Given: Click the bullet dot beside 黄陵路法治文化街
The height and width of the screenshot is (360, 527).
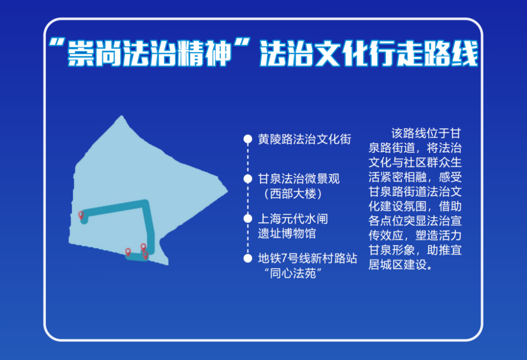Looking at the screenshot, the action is pyautogui.click(x=248, y=139).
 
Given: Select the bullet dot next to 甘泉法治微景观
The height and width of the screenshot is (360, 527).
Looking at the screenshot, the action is pyautogui.click(x=248, y=179).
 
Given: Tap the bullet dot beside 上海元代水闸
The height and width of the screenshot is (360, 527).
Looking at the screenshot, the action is pyautogui.click(x=248, y=219).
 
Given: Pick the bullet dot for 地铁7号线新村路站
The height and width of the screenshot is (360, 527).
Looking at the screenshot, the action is pyautogui.click(x=248, y=258).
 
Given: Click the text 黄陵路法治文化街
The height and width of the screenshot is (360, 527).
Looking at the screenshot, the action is pyautogui.click(x=304, y=139).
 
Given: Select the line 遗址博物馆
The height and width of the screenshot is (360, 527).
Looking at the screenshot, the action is pyautogui.click(x=287, y=233).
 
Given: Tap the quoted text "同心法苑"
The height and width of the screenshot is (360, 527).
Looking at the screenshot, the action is pyautogui.click(x=293, y=273).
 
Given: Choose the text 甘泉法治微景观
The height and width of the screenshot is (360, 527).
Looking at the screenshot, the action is pyautogui.click(x=299, y=179).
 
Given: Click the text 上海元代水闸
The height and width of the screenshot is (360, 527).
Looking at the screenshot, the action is pyautogui.click(x=293, y=219).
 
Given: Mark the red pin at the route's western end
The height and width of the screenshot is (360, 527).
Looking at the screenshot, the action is pyautogui.click(x=81, y=215).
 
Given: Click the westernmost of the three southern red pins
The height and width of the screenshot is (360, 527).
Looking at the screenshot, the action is pyautogui.click(x=128, y=252).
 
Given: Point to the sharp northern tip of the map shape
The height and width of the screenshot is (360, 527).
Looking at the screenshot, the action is pyautogui.click(x=122, y=116).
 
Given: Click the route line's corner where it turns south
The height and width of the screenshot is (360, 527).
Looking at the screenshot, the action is pyautogui.click(x=145, y=203).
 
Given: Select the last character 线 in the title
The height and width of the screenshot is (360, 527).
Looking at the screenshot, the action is pyautogui.click(x=465, y=54).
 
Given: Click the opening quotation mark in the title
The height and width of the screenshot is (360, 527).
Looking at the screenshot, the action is pyautogui.click(x=57, y=43).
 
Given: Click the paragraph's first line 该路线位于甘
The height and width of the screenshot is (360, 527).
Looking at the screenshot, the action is pyautogui.click(x=426, y=133).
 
